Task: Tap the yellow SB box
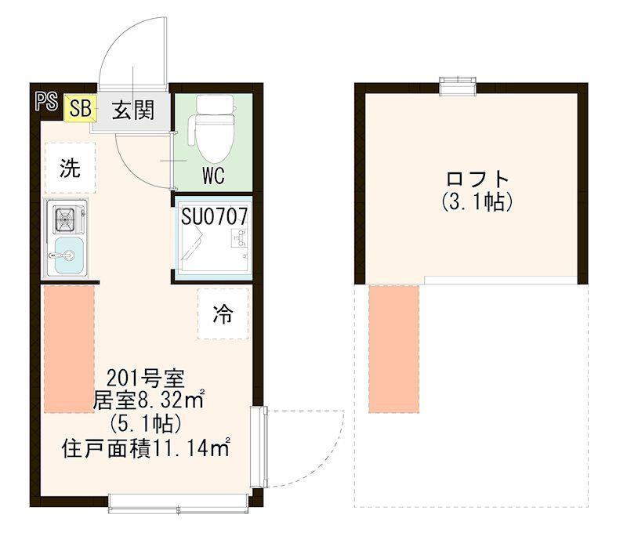point(80,109)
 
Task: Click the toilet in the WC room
point(212,129)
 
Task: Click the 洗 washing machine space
point(70,168)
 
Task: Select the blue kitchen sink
point(69,257)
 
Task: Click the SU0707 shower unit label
point(214,217)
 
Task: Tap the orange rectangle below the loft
point(395,349)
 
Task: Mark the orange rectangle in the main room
point(69,349)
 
